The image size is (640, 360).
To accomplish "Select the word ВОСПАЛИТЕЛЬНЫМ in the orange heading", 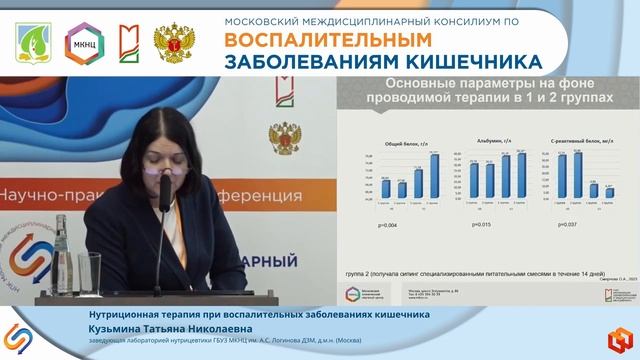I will pyautogui.click(x=311, y=40).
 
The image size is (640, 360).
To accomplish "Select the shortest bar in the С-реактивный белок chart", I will pyautogui.click(x=609, y=191).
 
